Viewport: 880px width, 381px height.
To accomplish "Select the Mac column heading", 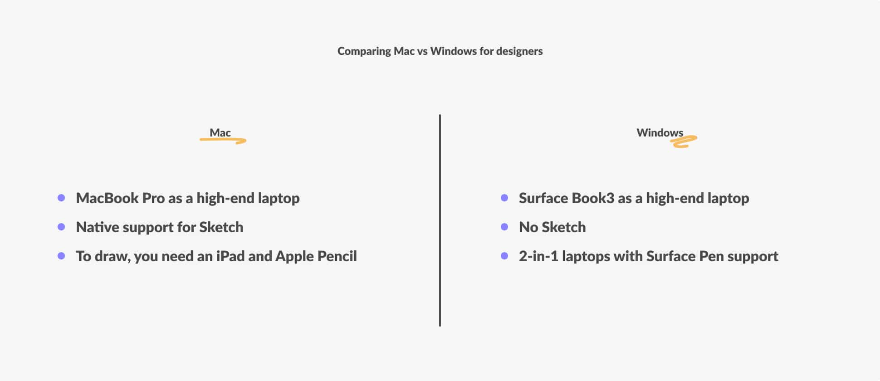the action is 220,132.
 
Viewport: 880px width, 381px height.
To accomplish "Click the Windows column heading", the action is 660,132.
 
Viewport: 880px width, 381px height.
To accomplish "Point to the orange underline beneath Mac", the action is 223,140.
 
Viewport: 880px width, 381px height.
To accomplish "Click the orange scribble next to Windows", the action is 684,142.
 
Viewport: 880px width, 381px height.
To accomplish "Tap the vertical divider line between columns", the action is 440,220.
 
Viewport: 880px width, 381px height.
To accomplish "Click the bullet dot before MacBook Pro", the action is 61,198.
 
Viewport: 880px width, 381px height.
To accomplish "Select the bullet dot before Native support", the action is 61,227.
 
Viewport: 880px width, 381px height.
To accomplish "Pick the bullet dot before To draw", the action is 61,256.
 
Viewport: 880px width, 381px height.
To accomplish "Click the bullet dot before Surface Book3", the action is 504,198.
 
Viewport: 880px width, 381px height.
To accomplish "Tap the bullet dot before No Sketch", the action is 504,227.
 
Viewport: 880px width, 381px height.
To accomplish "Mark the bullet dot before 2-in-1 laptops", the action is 504,256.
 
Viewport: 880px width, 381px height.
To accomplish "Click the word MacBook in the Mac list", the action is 107,198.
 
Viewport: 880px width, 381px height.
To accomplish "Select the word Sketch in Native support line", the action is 221,227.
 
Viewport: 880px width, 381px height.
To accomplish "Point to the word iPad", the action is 230,256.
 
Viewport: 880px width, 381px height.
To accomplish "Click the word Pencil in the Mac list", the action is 337,256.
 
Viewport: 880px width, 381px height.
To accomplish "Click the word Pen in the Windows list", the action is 711,256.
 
